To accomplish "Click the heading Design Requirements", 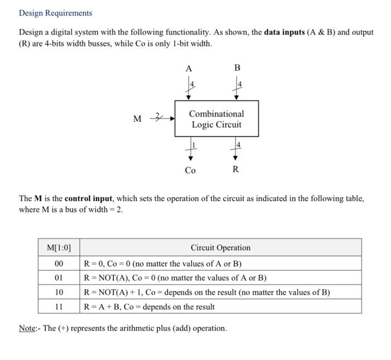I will pos(55,13).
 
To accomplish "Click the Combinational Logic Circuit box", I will pos(217,119).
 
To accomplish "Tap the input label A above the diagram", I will pos(189,68).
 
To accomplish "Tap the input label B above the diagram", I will pos(237,68).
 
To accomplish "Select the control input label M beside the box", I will pos(137,119).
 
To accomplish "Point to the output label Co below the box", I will pos(190,170).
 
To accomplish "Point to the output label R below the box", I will pos(235,169).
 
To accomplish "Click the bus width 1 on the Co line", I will pos(194,145).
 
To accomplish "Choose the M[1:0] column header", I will pos(58,248).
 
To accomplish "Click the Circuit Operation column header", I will pos(221,248).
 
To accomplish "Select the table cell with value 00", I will pos(58,263).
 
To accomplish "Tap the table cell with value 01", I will pos(58,278).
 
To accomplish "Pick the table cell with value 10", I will pos(58,292).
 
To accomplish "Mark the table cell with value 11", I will pos(58,307).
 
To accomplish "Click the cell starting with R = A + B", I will pos(149,307).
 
